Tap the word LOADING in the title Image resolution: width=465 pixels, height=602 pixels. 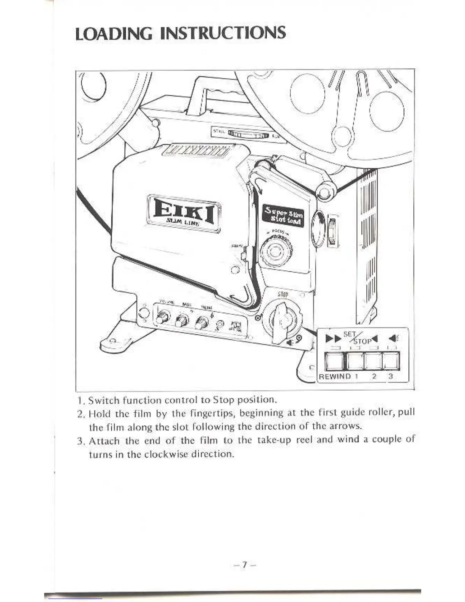[114, 33]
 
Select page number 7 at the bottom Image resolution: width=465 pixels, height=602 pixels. [245, 565]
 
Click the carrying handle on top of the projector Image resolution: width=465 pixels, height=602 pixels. [217, 91]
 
